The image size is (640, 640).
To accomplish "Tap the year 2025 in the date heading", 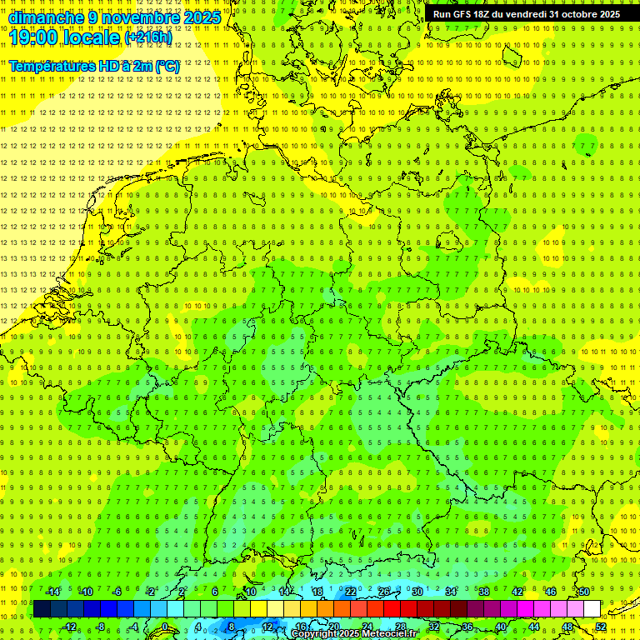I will click(201, 17).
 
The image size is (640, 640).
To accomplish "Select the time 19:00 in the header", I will click(37, 37).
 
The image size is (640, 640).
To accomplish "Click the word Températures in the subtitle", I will click(50, 66).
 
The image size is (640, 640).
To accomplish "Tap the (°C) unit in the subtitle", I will click(166, 66).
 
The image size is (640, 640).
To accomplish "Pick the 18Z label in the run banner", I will click(483, 14).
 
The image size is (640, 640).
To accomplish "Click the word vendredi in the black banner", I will click(526, 14).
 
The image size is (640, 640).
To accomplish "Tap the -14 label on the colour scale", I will click(53, 592).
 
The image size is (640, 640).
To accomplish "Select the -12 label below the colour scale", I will click(70, 627).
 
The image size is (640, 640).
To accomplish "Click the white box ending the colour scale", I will click(592, 608).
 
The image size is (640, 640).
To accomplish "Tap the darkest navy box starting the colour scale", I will click(42, 608).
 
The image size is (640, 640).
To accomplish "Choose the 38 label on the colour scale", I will click(484, 592).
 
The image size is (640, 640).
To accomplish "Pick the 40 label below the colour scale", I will click(501, 627).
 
